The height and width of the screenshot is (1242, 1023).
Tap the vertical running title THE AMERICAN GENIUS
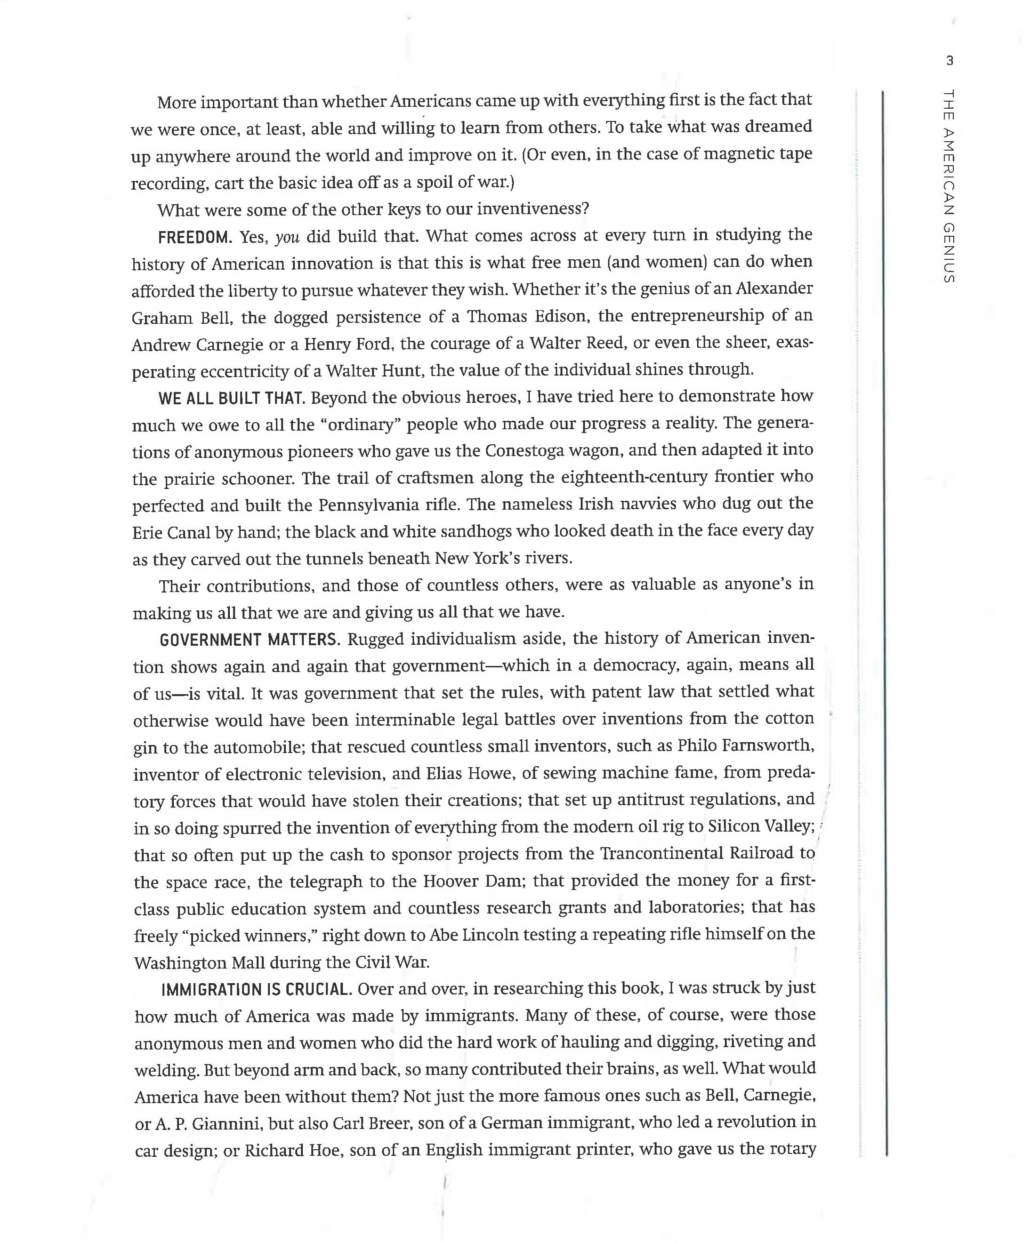(948, 185)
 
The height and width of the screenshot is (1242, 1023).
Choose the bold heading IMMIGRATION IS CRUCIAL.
(257, 989)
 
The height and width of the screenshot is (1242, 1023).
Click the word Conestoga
(524, 451)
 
